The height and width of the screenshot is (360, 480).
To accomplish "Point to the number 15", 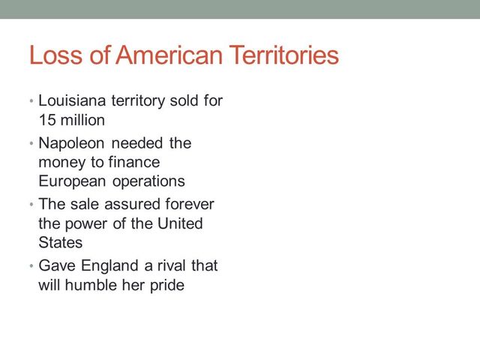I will pyautogui.click(x=46, y=120).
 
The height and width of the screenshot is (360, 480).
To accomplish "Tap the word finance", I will pyautogui.click(x=133, y=162).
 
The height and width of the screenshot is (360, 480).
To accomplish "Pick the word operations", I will pyautogui.click(x=147, y=181).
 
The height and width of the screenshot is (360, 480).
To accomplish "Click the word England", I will pyautogui.click(x=103, y=265).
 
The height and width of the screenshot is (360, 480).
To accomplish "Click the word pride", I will pyautogui.click(x=166, y=285).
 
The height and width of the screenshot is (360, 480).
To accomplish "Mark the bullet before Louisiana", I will pyautogui.click(x=31, y=101).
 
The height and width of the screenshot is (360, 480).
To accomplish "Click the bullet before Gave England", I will pyautogui.click(x=31, y=265).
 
